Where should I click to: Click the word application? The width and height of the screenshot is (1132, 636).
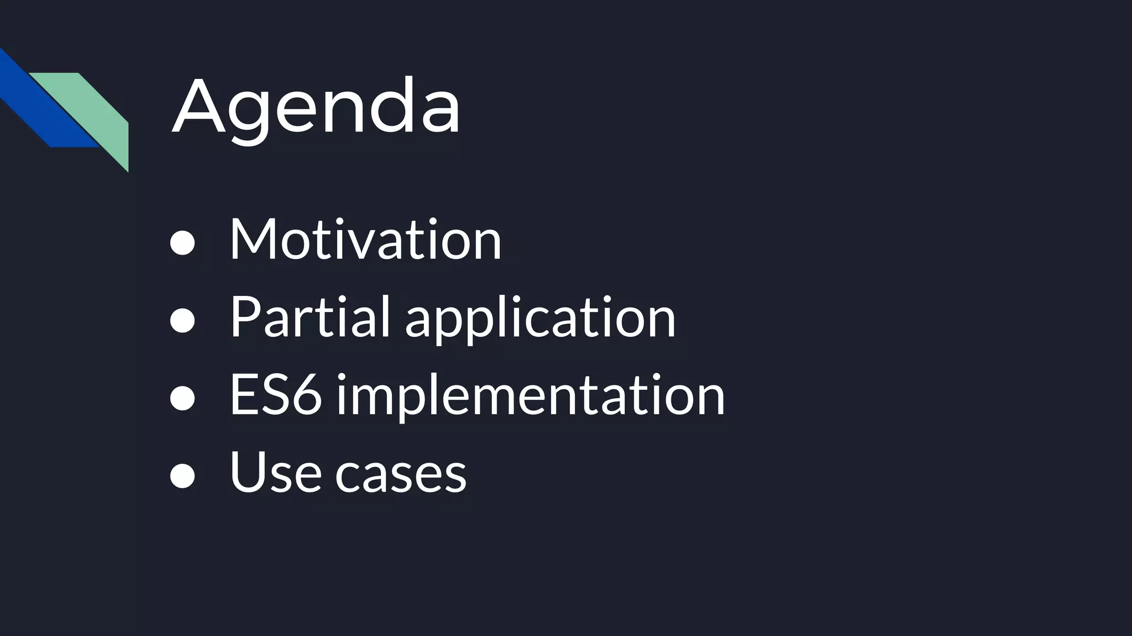(x=540, y=320)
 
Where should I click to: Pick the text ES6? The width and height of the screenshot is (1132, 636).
(x=275, y=394)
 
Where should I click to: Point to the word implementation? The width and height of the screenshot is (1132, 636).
(x=530, y=396)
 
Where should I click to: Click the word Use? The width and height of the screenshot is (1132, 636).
(x=275, y=472)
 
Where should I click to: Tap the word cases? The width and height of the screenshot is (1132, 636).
(x=401, y=475)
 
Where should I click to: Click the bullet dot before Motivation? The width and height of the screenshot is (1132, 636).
(x=182, y=243)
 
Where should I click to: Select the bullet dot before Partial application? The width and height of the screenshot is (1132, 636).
(x=182, y=321)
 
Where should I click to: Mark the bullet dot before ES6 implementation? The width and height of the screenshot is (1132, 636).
(x=182, y=399)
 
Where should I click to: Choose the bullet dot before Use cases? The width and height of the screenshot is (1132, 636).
(x=182, y=476)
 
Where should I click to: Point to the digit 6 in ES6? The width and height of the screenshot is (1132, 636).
(x=306, y=394)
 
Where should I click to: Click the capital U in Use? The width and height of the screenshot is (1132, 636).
(x=246, y=472)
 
